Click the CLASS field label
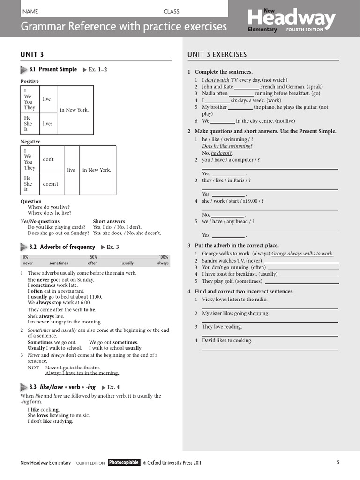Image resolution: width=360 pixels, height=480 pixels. click(171, 11)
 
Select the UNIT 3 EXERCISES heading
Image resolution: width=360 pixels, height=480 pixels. click(217, 55)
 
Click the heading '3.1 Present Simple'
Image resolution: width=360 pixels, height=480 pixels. click(53, 69)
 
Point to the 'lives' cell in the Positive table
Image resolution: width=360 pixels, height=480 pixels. click(47, 124)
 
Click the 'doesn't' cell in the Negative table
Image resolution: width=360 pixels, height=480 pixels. click(51, 184)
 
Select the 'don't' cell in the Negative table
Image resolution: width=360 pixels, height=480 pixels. click(48, 159)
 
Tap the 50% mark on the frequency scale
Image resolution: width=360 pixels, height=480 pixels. click(94, 257)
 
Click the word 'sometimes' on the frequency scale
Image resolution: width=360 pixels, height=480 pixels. click(59, 263)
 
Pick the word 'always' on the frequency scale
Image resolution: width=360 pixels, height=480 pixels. click(163, 263)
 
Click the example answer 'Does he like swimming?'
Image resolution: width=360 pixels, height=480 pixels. click(227, 146)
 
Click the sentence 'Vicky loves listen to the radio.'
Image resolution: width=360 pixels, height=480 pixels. click(235, 299)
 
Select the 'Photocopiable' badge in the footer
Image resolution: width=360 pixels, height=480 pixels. click(124, 462)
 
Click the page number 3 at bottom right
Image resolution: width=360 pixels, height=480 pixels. click(337, 462)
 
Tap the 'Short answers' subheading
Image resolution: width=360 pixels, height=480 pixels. click(109, 221)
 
